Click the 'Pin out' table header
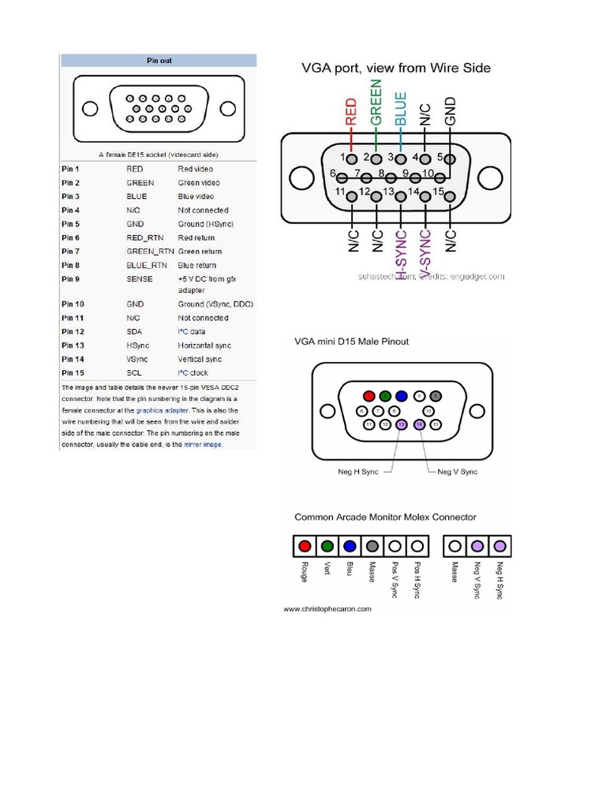[159, 60]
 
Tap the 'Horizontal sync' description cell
[205, 345]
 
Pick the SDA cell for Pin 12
[134, 331]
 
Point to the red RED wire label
[351, 112]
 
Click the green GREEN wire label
[376, 102]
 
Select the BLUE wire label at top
[401, 108]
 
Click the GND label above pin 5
[451, 112]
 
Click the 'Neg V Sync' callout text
[457, 472]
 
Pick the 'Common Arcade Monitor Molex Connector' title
[385, 518]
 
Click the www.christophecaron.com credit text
[327, 609]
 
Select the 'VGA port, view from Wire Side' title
[396, 68]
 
